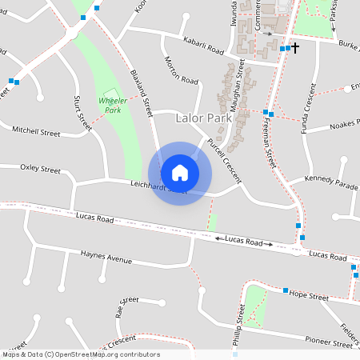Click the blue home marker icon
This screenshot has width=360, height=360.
coord(180,173)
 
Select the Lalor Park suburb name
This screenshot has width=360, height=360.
coord(203,118)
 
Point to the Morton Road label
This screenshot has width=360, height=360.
coord(181,70)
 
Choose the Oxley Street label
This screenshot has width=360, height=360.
coord(40,169)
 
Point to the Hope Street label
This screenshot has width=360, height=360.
coord(309,296)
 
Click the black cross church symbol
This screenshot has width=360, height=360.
coord(294,48)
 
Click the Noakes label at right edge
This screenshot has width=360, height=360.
coord(346,123)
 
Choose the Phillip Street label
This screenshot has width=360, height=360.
coord(238,324)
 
